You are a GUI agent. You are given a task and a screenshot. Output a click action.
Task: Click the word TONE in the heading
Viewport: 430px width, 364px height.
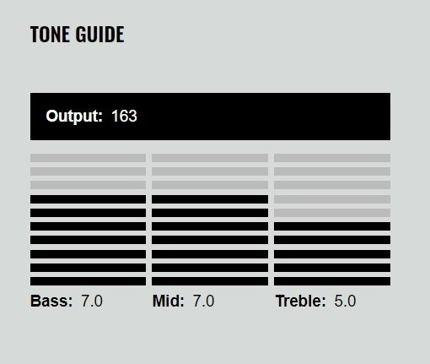click(x=50, y=35)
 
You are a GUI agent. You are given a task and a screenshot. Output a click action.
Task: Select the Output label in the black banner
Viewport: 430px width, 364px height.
click(x=74, y=116)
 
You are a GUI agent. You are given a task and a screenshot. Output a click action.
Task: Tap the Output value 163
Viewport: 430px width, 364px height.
click(x=124, y=116)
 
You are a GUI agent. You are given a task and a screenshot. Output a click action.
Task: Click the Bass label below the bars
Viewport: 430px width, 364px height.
click(x=51, y=301)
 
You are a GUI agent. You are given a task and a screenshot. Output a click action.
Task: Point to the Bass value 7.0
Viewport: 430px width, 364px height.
click(x=92, y=301)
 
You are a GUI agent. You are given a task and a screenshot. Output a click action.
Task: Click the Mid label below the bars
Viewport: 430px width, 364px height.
click(x=168, y=301)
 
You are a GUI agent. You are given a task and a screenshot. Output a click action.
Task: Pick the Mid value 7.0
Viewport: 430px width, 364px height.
click(x=203, y=301)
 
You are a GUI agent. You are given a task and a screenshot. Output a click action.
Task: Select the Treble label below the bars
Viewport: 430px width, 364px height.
click(x=301, y=301)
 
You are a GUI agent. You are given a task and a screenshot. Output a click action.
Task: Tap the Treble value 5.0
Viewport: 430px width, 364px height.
click(x=345, y=301)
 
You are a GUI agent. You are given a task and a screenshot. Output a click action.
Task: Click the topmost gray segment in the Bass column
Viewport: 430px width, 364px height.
click(x=88, y=158)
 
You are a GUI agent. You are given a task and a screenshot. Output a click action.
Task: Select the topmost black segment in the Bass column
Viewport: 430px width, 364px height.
click(x=88, y=199)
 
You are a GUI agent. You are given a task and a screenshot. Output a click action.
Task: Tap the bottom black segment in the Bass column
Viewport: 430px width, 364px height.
click(x=88, y=281)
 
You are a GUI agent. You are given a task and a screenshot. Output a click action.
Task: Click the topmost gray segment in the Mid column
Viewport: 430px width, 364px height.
click(x=210, y=158)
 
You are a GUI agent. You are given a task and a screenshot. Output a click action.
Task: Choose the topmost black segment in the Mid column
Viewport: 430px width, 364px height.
click(x=210, y=199)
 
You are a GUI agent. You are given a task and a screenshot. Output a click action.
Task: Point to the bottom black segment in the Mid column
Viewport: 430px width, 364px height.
click(x=210, y=281)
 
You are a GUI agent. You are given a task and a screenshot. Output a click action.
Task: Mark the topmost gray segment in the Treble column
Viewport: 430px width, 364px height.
click(x=332, y=158)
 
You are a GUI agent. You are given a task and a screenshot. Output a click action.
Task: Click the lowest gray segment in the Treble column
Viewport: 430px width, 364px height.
click(x=332, y=213)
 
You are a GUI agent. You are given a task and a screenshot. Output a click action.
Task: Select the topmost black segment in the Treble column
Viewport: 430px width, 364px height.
click(x=332, y=226)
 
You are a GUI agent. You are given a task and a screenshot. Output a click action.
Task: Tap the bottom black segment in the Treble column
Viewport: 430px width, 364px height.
click(x=332, y=281)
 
